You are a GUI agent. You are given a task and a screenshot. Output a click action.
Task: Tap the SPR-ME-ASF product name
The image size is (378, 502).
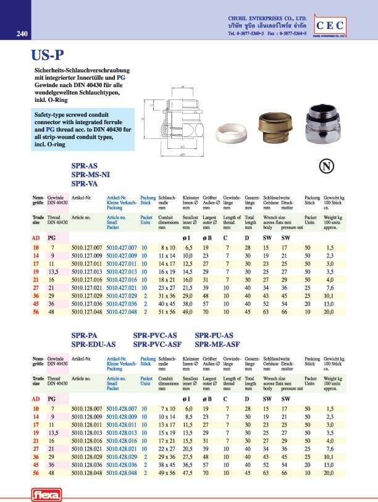pos(216,344)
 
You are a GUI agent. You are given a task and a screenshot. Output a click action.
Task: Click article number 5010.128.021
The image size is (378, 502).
pos(86,448)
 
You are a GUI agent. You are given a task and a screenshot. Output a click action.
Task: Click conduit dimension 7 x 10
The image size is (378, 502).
pos(169,409)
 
